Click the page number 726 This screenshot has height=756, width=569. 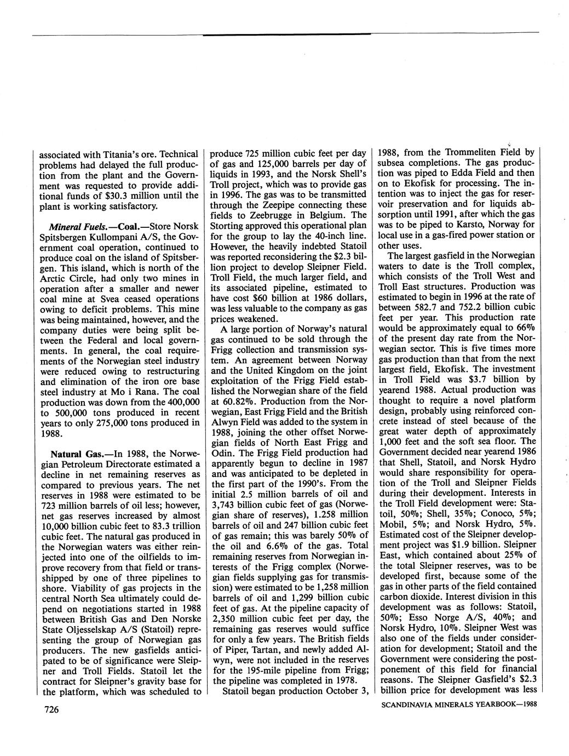tap(50, 710)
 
